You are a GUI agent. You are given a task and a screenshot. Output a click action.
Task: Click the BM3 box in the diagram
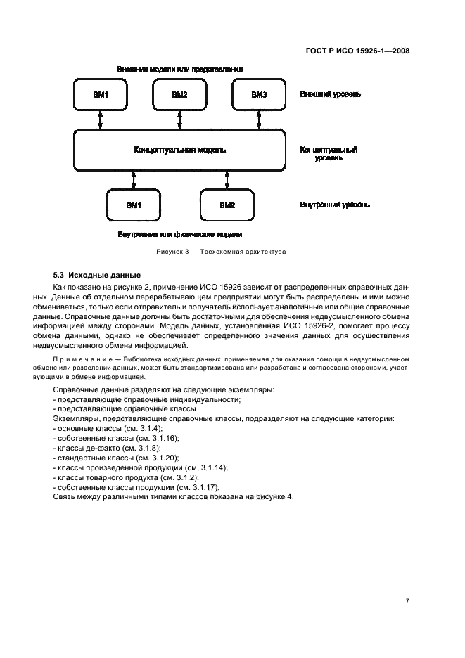[x=259, y=95]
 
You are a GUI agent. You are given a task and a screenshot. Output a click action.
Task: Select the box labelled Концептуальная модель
[x=179, y=150]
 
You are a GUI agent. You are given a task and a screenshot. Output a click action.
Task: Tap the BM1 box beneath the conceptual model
[x=134, y=205]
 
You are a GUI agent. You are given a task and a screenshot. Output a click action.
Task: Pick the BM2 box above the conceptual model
[x=179, y=95]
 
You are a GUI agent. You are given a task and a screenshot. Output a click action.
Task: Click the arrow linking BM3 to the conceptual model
[x=259, y=120]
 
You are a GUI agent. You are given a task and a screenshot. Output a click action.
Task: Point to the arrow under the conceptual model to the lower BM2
[x=227, y=180]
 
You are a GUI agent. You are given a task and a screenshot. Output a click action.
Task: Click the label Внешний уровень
[x=330, y=94]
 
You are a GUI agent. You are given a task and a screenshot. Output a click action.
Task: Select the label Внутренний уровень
[x=334, y=205]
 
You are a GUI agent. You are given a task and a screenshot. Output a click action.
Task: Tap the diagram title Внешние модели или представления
[x=179, y=70]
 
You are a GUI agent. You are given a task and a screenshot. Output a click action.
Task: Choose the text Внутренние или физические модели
[x=179, y=234]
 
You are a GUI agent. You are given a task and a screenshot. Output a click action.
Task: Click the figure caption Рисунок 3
[x=221, y=252]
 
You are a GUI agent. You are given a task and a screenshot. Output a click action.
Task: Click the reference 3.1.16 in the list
[x=158, y=438]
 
